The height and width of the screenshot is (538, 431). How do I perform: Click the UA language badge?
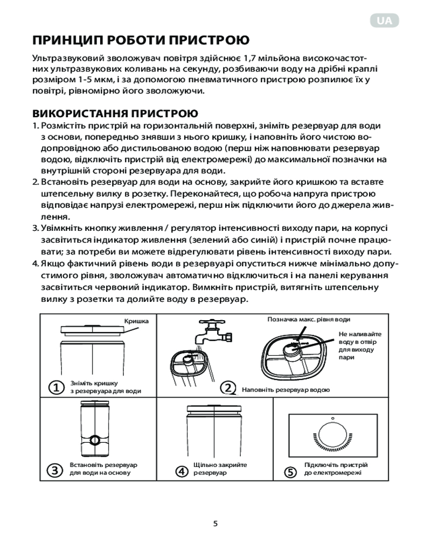pyautogui.click(x=385, y=21)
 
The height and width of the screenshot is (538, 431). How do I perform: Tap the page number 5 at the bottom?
pyautogui.click(x=215, y=523)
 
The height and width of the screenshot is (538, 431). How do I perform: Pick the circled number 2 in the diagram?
pyautogui.click(x=228, y=387)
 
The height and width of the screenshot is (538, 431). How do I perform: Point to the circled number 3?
pyautogui.click(x=55, y=470)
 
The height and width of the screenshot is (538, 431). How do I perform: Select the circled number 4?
pyautogui.click(x=182, y=471)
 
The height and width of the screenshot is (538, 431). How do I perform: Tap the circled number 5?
pyautogui.click(x=290, y=472)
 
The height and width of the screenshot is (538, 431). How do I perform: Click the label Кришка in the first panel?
pyautogui.click(x=136, y=321)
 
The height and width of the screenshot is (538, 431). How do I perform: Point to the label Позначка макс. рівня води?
pyautogui.click(x=304, y=320)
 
